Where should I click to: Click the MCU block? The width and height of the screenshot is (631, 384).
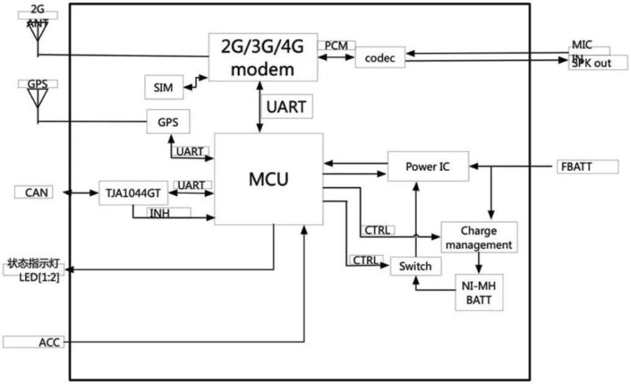tap(268, 179)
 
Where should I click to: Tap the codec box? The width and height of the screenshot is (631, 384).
tap(380, 58)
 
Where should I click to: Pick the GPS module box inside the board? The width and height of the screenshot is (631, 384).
tap(168, 122)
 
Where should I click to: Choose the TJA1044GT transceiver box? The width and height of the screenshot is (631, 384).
tap(133, 193)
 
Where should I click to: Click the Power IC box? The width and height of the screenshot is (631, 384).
tap(427, 166)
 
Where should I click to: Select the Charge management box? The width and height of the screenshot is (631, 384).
tap(478, 237)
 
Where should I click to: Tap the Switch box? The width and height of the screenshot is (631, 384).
tap(415, 266)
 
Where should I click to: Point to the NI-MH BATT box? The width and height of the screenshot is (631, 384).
tap(479, 292)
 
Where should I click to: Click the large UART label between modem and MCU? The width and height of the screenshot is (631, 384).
tap(286, 107)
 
